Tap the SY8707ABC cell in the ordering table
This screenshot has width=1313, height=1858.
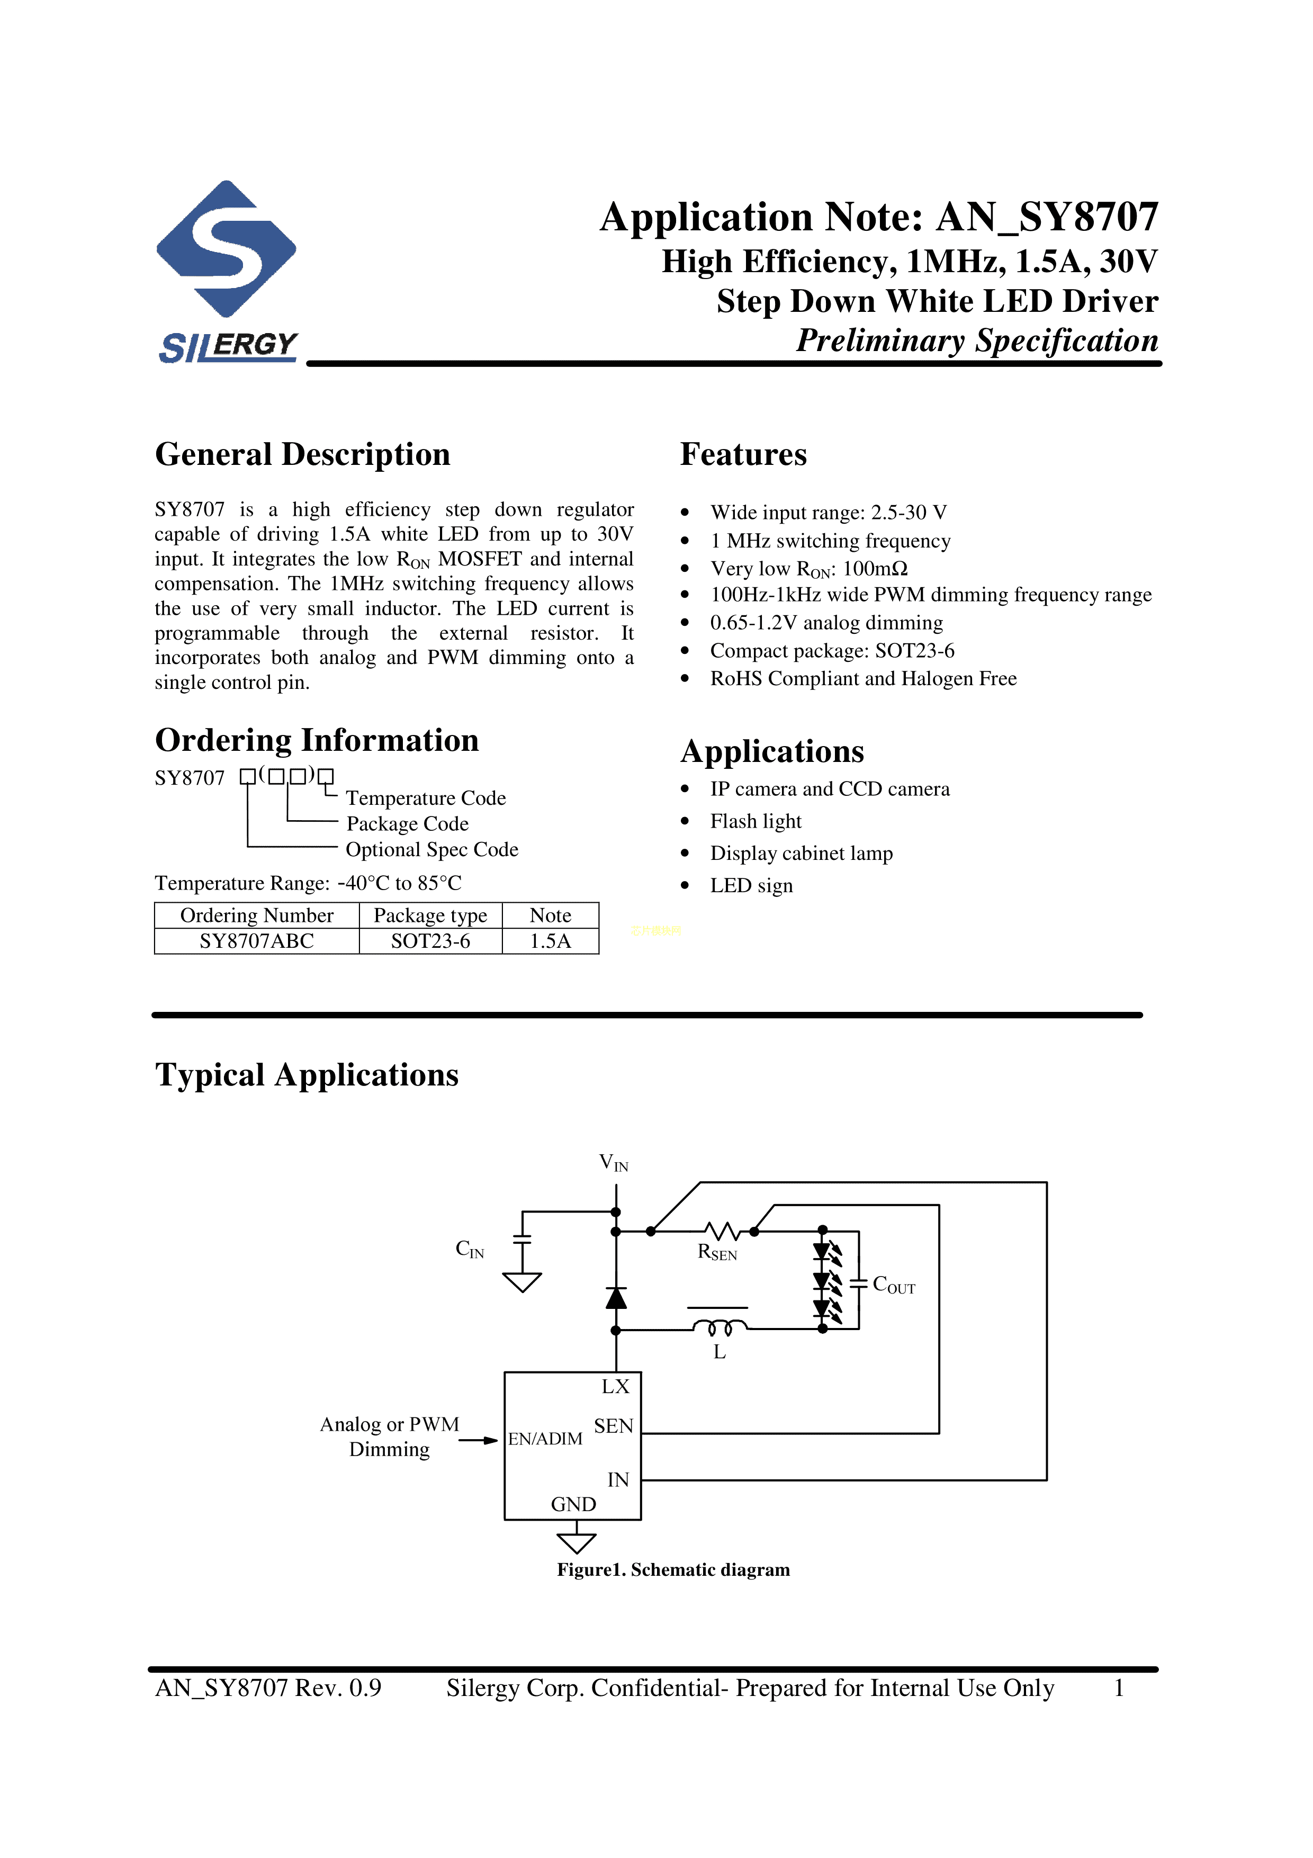[256, 941]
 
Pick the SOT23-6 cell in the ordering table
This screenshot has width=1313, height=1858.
[430, 941]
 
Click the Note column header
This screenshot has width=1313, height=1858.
[550, 915]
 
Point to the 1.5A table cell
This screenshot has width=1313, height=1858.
[550, 941]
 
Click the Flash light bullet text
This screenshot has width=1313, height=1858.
[756, 821]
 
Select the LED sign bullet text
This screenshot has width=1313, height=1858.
[752, 885]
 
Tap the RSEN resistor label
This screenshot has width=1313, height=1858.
[717, 1253]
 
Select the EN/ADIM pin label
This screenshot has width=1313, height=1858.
[545, 1438]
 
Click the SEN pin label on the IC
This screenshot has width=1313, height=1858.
[613, 1426]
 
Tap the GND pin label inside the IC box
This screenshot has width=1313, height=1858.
[573, 1504]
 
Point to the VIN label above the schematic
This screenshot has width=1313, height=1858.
[613, 1163]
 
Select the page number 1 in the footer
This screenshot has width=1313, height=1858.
[1119, 1688]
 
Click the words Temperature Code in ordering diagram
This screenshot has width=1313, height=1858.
[426, 798]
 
